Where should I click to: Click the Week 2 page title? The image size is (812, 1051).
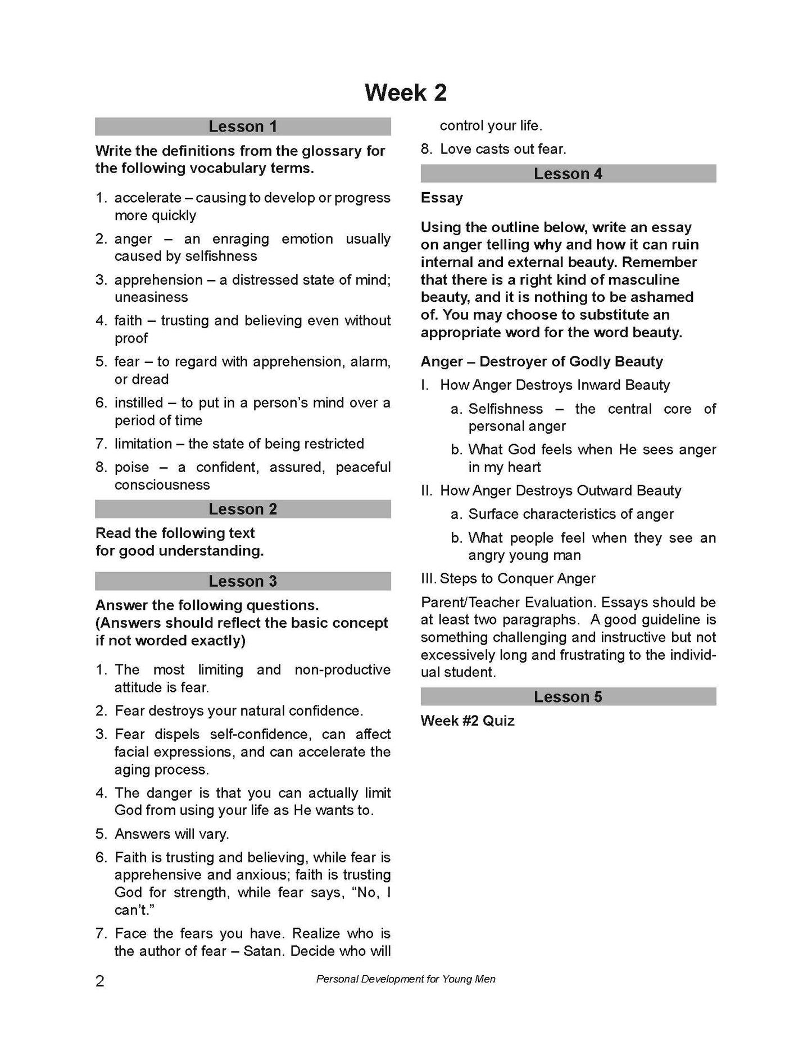(x=405, y=93)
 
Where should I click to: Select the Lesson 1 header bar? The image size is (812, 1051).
(x=243, y=126)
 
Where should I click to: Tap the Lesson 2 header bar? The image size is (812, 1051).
(x=243, y=509)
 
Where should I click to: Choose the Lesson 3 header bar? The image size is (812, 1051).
(x=243, y=581)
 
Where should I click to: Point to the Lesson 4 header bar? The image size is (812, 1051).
(x=568, y=174)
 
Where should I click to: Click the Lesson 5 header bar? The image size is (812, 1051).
(x=568, y=697)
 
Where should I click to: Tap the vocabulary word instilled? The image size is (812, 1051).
(x=138, y=403)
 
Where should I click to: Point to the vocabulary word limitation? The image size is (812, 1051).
(x=143, y=444)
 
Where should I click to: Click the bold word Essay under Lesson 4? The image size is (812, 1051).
(x=442, y=198)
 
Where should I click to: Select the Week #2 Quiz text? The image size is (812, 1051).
(x=468, y=721)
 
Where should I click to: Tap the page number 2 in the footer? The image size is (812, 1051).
(x=100, y=981)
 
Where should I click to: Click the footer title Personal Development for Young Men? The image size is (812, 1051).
(x=406, y=979)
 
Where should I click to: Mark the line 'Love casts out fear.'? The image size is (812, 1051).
(x=503, y=149)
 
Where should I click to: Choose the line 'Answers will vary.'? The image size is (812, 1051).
(x=171, y=834)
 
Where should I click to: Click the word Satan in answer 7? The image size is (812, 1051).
(x=264, y=951)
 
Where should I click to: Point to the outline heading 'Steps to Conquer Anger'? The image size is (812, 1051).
(x=517, y=579)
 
